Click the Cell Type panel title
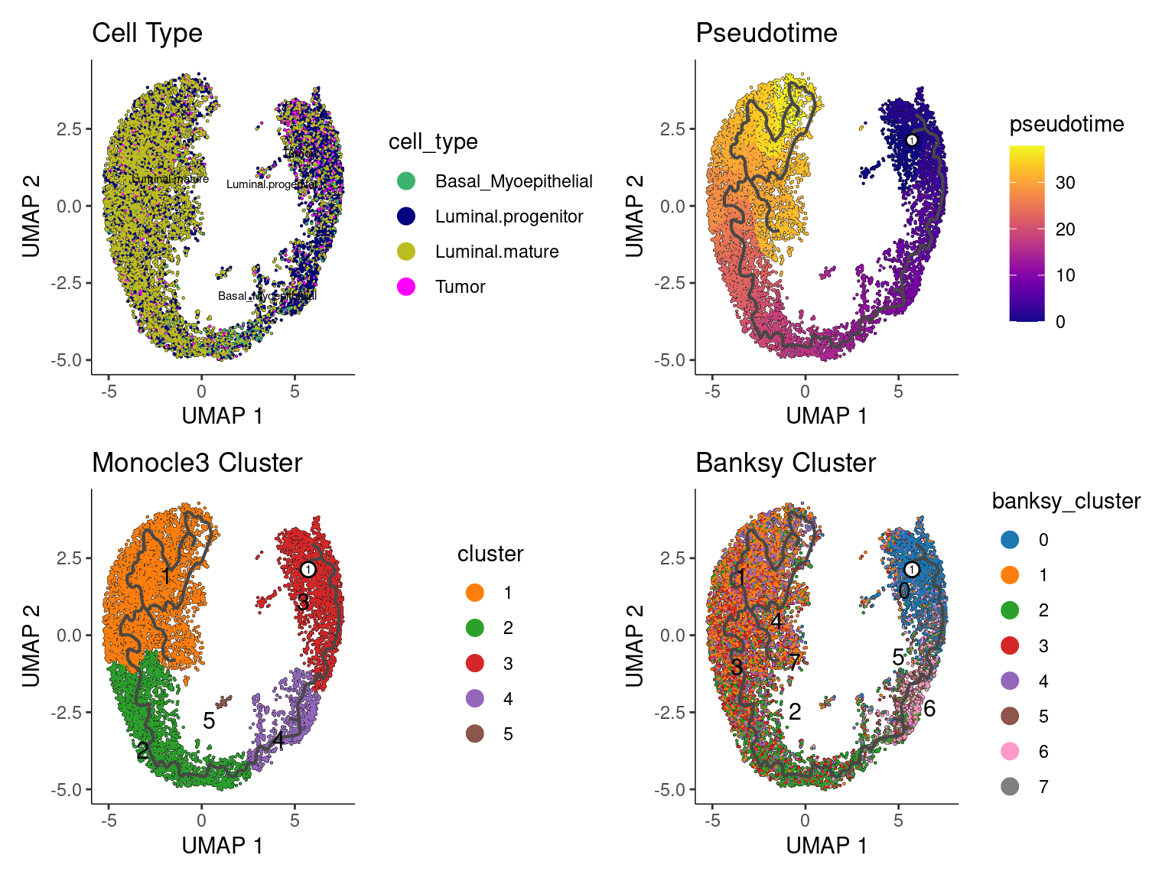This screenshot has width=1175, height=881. (x=147, y=33)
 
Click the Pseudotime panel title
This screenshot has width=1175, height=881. (x=766, y=33)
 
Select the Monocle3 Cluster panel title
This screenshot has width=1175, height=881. (x=197, y=463)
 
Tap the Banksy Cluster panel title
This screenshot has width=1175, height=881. (x=786, y=463)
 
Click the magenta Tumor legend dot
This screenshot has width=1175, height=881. (x=406, y=287)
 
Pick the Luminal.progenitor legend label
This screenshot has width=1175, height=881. (x=509, y=216)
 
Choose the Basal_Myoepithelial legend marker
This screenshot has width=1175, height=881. (x=406, y=181)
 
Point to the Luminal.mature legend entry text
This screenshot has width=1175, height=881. (x=496, y=252)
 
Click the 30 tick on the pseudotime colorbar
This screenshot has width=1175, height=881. (x=1065, y=183)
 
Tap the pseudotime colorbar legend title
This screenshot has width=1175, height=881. (x=1066, y=124)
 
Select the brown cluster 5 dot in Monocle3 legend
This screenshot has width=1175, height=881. (x=475, y=734)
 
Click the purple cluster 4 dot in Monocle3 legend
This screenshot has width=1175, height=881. (x=475, y=699)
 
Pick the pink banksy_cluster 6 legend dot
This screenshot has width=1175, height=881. (x=1010, y=752)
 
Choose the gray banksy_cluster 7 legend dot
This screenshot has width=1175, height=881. (x=1010, y=787)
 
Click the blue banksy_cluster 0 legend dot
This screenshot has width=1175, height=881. (x=1010, y=540)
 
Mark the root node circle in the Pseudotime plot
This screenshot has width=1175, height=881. (x=911, y=140)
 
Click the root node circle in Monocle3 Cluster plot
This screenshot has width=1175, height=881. (x=308, y=569)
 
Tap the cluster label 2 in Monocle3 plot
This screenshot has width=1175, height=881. (x=142, y=750)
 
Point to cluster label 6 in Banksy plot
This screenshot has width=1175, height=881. (x=929, y=708)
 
